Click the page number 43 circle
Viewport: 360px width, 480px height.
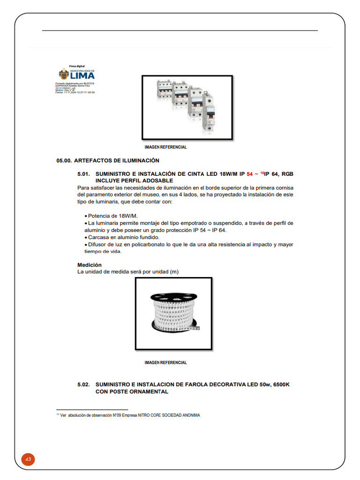coord(28,459)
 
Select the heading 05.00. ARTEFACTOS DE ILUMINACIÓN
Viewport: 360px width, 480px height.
coord(108,161)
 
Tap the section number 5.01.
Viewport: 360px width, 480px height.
coord(83,174)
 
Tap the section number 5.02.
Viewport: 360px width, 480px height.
coord(83,384)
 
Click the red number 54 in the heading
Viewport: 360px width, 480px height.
coord(249,174)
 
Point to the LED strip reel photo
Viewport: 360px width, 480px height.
coord(173,314)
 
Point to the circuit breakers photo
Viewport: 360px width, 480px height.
coord(187,107)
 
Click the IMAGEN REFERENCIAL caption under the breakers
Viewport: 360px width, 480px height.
coord(165,147)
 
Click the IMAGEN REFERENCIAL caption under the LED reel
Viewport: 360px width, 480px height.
coord(165,362)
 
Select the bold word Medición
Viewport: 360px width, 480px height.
coord(90,265)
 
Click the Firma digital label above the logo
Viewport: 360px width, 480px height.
coord(76,67)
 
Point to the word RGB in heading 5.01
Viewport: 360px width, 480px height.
coord(288,174)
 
